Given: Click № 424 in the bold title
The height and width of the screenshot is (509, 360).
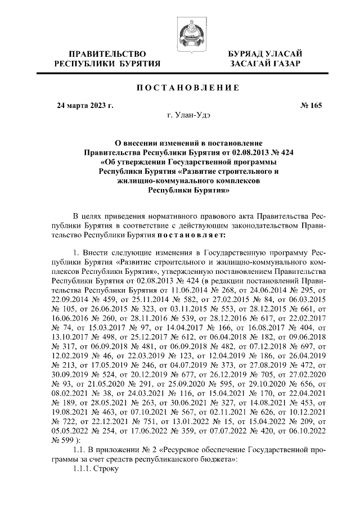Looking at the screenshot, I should [x=282, y=152].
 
